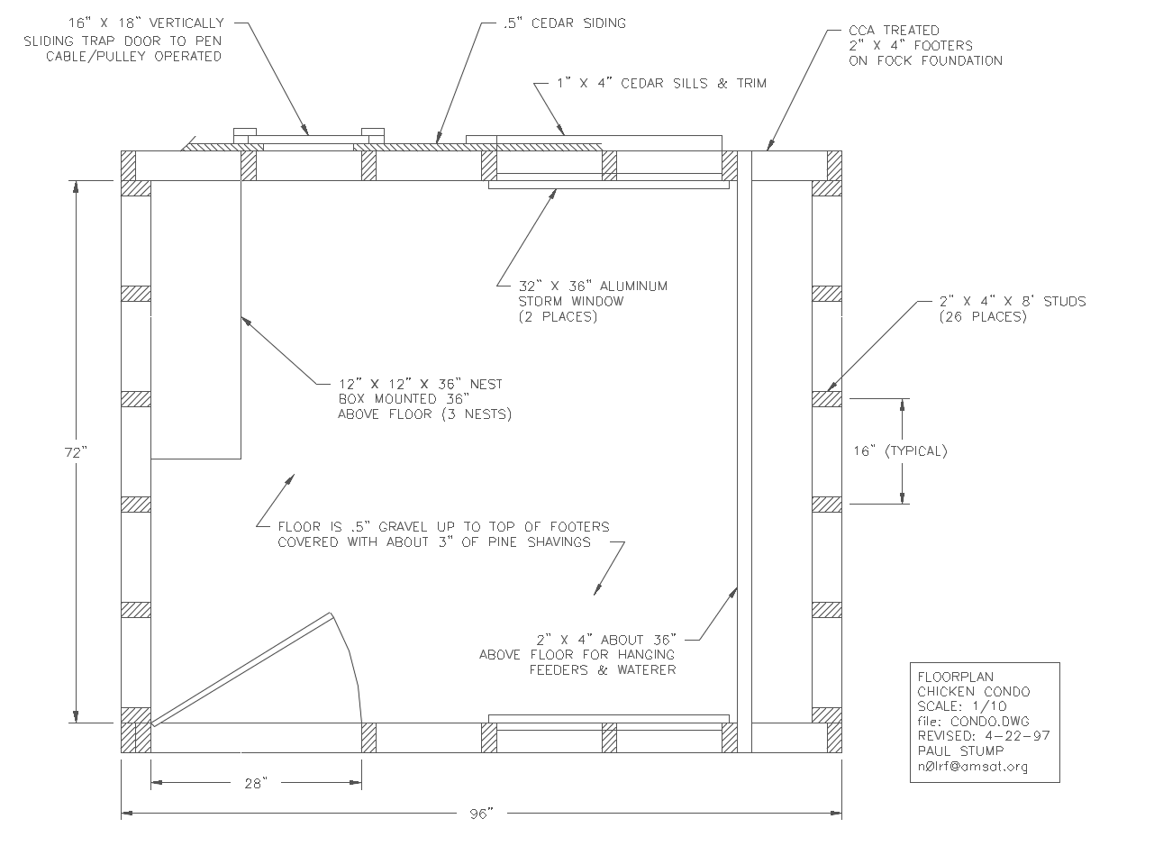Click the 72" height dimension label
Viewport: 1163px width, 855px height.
(x=76, y=452)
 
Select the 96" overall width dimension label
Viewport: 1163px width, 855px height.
(x=481, y=814)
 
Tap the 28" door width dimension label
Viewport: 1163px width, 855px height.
(x=257, y=783)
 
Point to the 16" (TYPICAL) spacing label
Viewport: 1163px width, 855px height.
(x=900, y=451)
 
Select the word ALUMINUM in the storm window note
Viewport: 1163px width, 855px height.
(x=633, y=286)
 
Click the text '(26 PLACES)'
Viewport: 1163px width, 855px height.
(x=983, y=316)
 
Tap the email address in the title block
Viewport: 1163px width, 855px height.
(x=971, y=767)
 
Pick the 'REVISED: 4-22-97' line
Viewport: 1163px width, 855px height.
(x=984, y=736)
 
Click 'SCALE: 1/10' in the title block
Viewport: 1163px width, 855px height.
(x=962, y=706)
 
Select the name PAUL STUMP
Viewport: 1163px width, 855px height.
(x=960, y=751)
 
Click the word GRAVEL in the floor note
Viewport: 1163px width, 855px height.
(x=403, y=527)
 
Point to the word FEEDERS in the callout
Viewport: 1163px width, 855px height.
(x=559, y=670)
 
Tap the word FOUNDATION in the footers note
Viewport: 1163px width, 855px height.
(x=961, y=61)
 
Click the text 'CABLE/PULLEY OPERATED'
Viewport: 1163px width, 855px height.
(x=134, y=57)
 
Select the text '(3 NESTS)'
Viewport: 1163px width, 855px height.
(x=477, y=414)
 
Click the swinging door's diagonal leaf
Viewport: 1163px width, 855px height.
(x=242, y=669)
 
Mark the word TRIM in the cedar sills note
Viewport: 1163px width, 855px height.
(x=751, y=84)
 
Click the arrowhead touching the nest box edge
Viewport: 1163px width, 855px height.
(x=247, y=322)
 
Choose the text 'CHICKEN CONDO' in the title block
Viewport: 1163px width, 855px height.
(x=974, y=692)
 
